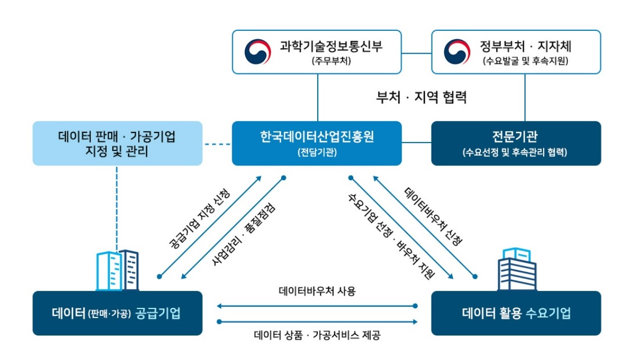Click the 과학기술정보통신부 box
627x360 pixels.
[317, 52]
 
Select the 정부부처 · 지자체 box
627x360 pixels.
[516, 52]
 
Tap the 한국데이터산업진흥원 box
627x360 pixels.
[317, 143]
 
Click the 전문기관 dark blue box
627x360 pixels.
[516, 143]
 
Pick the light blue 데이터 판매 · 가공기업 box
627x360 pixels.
[117, 143]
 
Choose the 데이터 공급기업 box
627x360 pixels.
[117, 313]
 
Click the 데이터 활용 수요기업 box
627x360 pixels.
[516, 313]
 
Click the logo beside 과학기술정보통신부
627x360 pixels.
[258, 52]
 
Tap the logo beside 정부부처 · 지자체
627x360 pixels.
[457, 52]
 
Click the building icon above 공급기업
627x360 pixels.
[117, 270]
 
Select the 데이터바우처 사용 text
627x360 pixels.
[317, 291]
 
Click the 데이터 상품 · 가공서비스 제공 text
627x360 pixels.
[317, 336]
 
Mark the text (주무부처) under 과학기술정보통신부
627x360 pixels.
[331, 61]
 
